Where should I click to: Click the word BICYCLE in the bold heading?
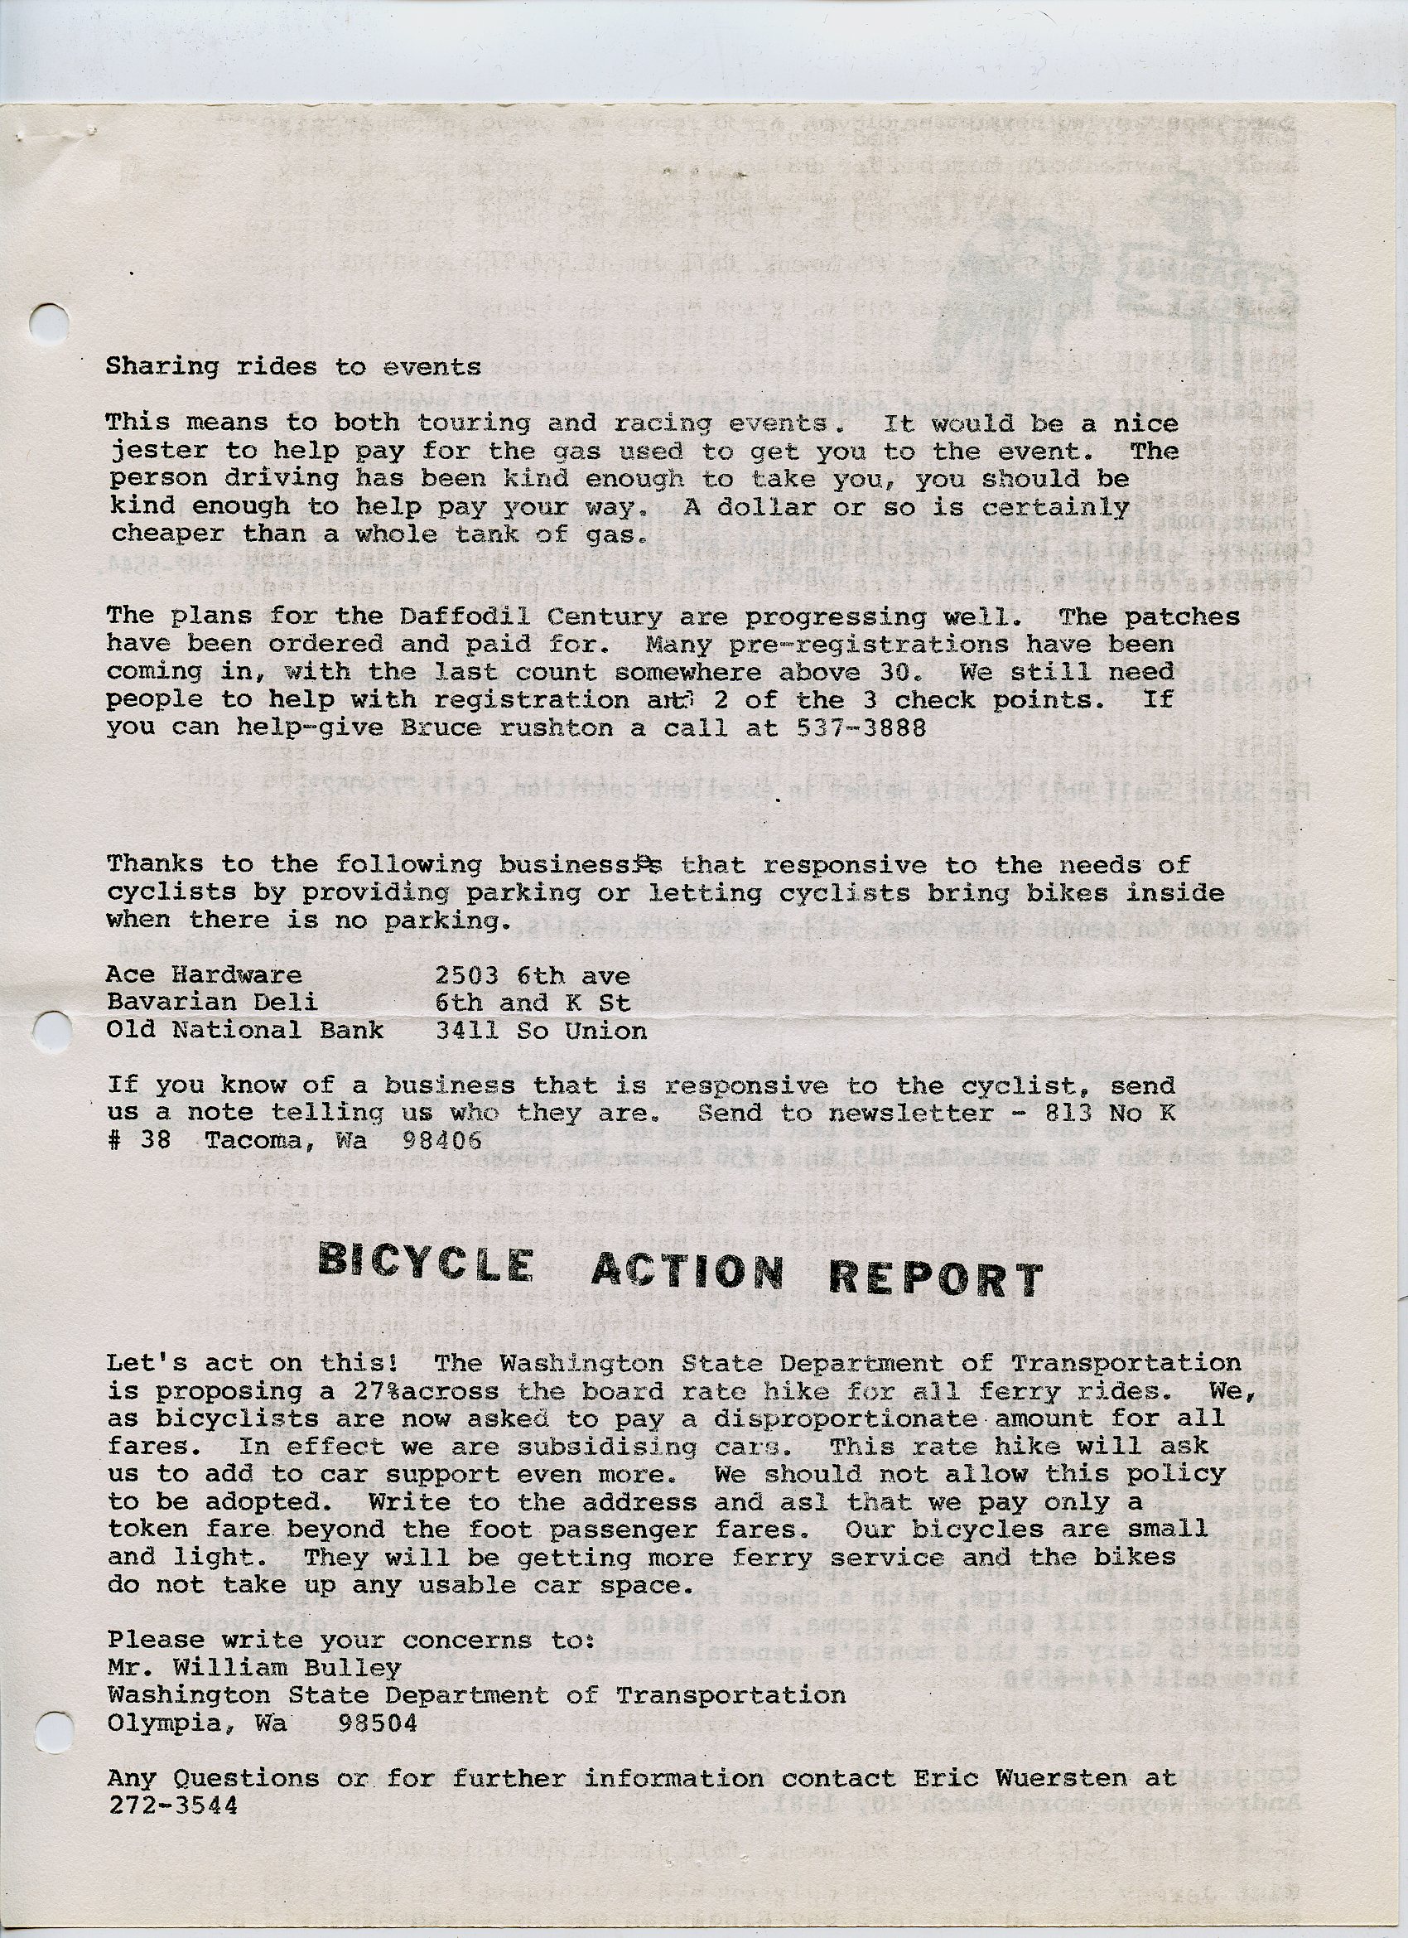[426, 1263]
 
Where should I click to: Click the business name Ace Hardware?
[205, 975]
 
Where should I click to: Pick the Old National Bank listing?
[244, 1030]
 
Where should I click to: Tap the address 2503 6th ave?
[533, 976]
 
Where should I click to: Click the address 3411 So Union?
[541, 1031]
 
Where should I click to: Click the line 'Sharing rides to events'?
[293, 366]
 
